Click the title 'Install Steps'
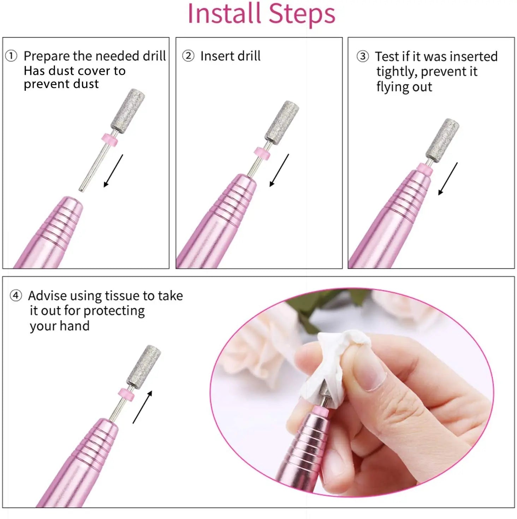click(x=261, y=14)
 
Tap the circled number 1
click(x=11, y=56)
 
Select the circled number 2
click(x=188, y=56)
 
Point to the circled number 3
click(x=363, y=56)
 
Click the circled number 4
click(x=16, y=295)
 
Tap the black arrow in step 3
click(x=448, y=179)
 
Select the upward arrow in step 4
click(x=142, y=407)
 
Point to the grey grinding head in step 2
click(x=281, y=122)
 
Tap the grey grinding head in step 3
click(x=442, y=140)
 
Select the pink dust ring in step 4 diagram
click(x=126, y=394)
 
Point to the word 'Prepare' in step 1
click(x=47, y=56)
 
